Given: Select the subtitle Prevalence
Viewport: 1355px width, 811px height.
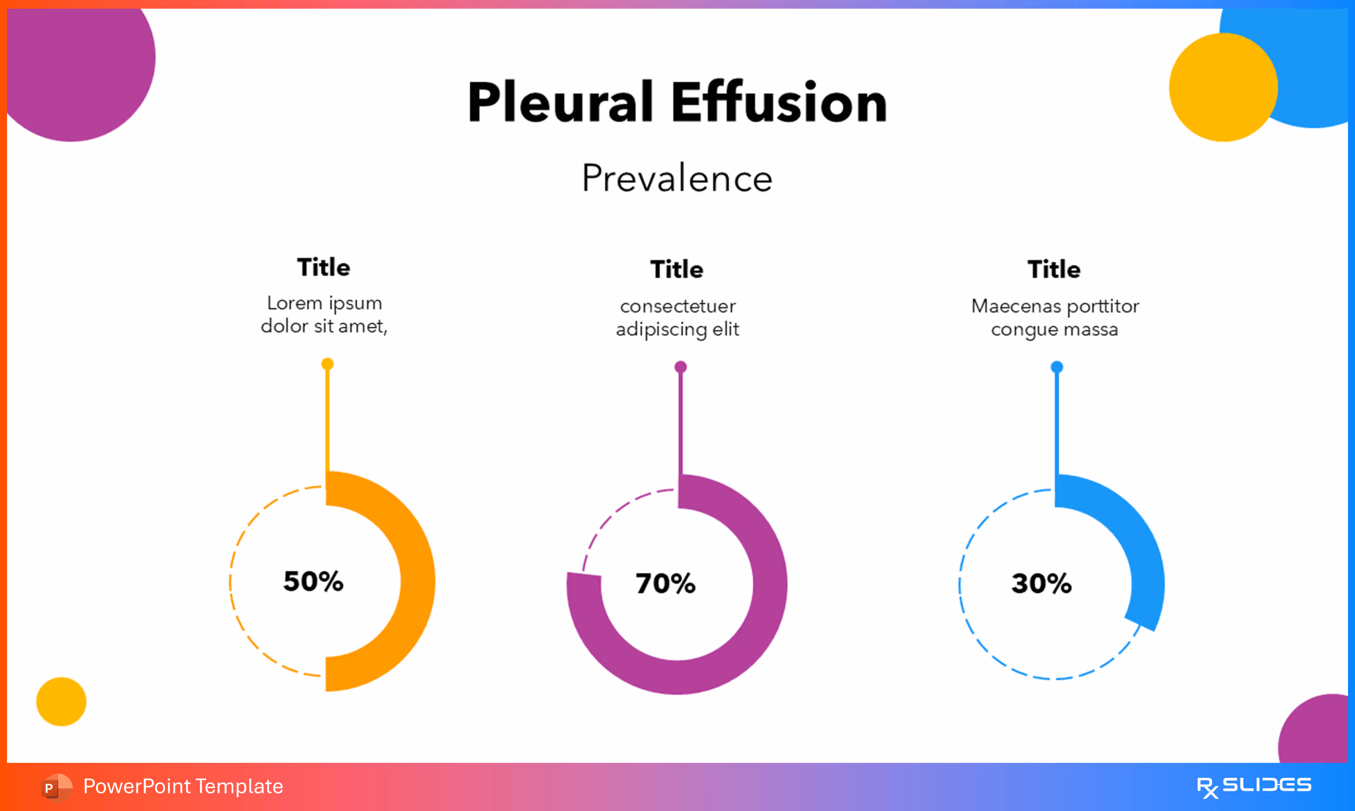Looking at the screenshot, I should [677, 179].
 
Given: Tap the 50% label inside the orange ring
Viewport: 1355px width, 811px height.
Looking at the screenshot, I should [313, 581].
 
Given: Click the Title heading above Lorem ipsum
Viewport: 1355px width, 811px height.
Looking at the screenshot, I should [323, 267].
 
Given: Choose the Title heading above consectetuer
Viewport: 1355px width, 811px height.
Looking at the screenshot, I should [676, 269].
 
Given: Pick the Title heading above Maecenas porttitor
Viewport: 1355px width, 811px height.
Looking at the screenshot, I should [1054, 269].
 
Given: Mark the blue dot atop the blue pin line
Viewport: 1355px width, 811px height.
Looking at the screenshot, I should [1057, 367].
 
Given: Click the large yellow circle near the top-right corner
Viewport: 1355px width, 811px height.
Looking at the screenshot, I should [1223, 87].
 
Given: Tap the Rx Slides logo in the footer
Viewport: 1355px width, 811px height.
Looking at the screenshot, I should [1254, 787].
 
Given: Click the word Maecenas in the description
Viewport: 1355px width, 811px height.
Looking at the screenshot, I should [1016, 306].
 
